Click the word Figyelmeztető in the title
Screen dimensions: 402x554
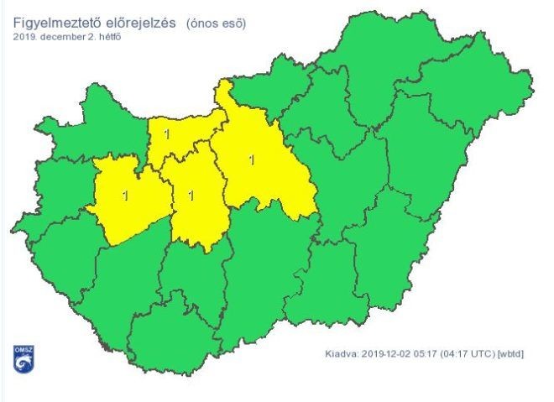(56, 23)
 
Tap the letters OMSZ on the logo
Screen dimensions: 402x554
(22, 349)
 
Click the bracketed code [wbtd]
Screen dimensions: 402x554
(510, 354)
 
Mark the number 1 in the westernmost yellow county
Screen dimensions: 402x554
(126, 196)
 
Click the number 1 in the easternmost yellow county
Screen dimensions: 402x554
(253, 157)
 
